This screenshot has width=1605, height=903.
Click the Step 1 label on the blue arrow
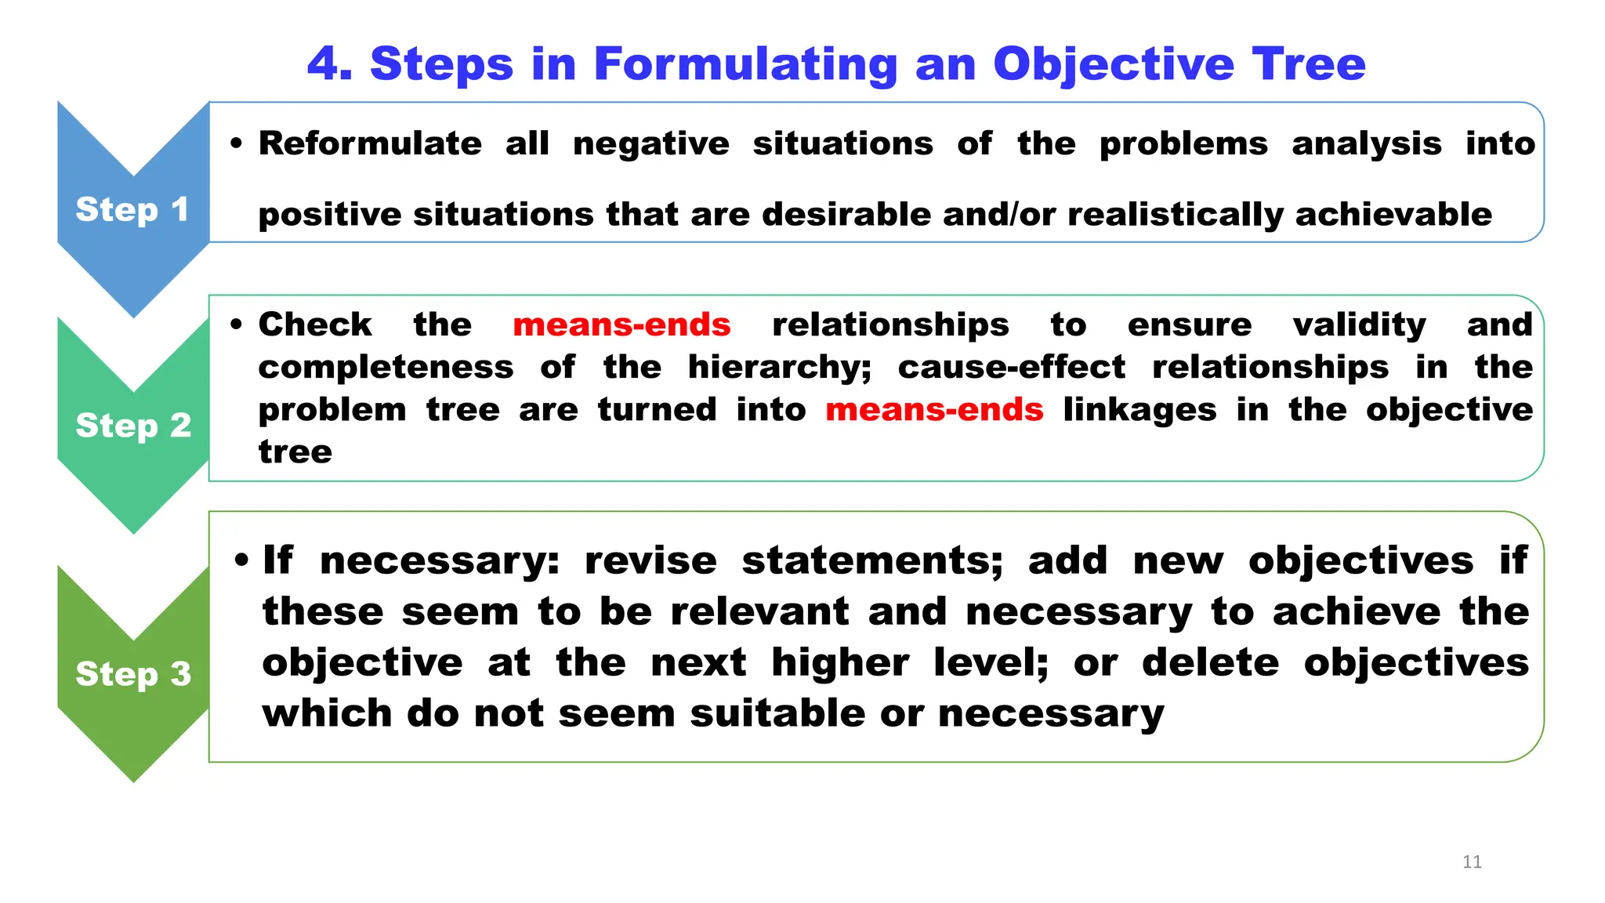pyautogui.click(x=132, y=209)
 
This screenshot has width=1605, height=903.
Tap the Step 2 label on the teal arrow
pyautogui.click(x=133, y=425)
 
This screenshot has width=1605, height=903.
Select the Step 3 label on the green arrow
pyautogui.click(x=133, y=673)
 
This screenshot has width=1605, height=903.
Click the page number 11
pyautogui.click(x=1472, y=862)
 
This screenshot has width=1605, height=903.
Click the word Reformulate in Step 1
pyautogui.click(x=370, y=143)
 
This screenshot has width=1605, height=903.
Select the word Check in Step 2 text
pyautogui.click(x=315, y=325)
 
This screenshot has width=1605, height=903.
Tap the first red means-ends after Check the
pyautogui.click(x=621, y=325)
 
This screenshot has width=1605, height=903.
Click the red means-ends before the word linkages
pyautogui.click(x=934, y=409)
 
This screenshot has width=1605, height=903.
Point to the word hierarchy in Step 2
pyautogui.click(x=778, y=367)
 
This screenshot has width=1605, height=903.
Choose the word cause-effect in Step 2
pyautogui.click(x=1011, y=367)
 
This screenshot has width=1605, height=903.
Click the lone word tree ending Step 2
pyautogui.click(x=295, y=452)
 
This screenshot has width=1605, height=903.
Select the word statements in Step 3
pyautogui.click(x=871, y=560)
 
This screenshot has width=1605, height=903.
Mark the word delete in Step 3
pyautogui.click(x=1210, y=662)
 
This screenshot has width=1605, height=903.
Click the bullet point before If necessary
pyautogui.click(x=241, y=560)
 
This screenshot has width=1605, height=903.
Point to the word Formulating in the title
pyautogui.click(x=745, y=63)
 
